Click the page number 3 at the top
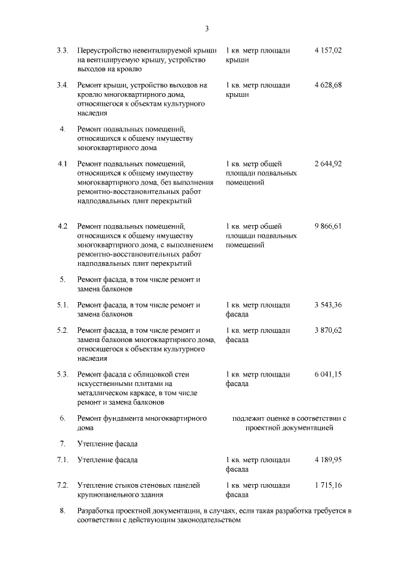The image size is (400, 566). coord(206,28)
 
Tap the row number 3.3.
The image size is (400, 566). coord(62,50)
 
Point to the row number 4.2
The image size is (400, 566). coord(62,226)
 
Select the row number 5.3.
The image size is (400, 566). coord(62,374)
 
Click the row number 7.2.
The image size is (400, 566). coord(62,485)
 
